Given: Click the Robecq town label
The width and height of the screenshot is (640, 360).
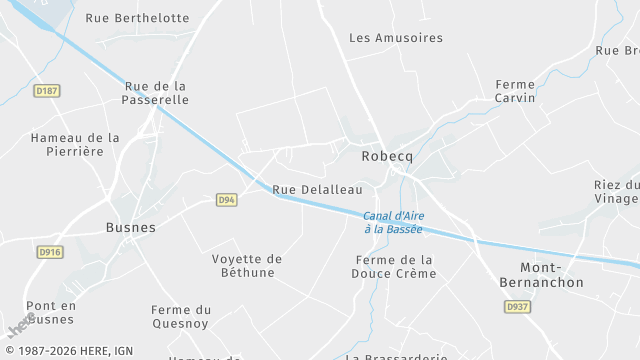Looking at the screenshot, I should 386,157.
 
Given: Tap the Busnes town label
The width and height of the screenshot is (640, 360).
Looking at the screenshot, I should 131,227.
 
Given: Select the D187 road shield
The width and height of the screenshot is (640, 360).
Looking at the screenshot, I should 47,91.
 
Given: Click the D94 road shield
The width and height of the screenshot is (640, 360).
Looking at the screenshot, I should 228,200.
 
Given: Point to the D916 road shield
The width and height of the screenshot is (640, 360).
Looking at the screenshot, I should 49,252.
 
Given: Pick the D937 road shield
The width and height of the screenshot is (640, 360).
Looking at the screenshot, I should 517,307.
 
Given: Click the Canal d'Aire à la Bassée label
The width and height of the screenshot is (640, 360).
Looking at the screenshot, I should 392,222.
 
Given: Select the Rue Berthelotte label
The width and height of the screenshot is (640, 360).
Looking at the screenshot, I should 137,18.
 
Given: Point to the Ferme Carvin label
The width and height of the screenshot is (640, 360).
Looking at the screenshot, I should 515,91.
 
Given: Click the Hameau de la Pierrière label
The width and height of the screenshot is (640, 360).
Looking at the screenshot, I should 75,144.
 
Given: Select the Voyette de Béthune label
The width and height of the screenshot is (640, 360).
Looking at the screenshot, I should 247,265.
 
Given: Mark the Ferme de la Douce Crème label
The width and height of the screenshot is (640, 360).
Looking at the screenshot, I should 394,267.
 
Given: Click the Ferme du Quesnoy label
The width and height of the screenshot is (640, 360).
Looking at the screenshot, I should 181,316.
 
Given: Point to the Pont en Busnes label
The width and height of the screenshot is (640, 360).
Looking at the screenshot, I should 51,312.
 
